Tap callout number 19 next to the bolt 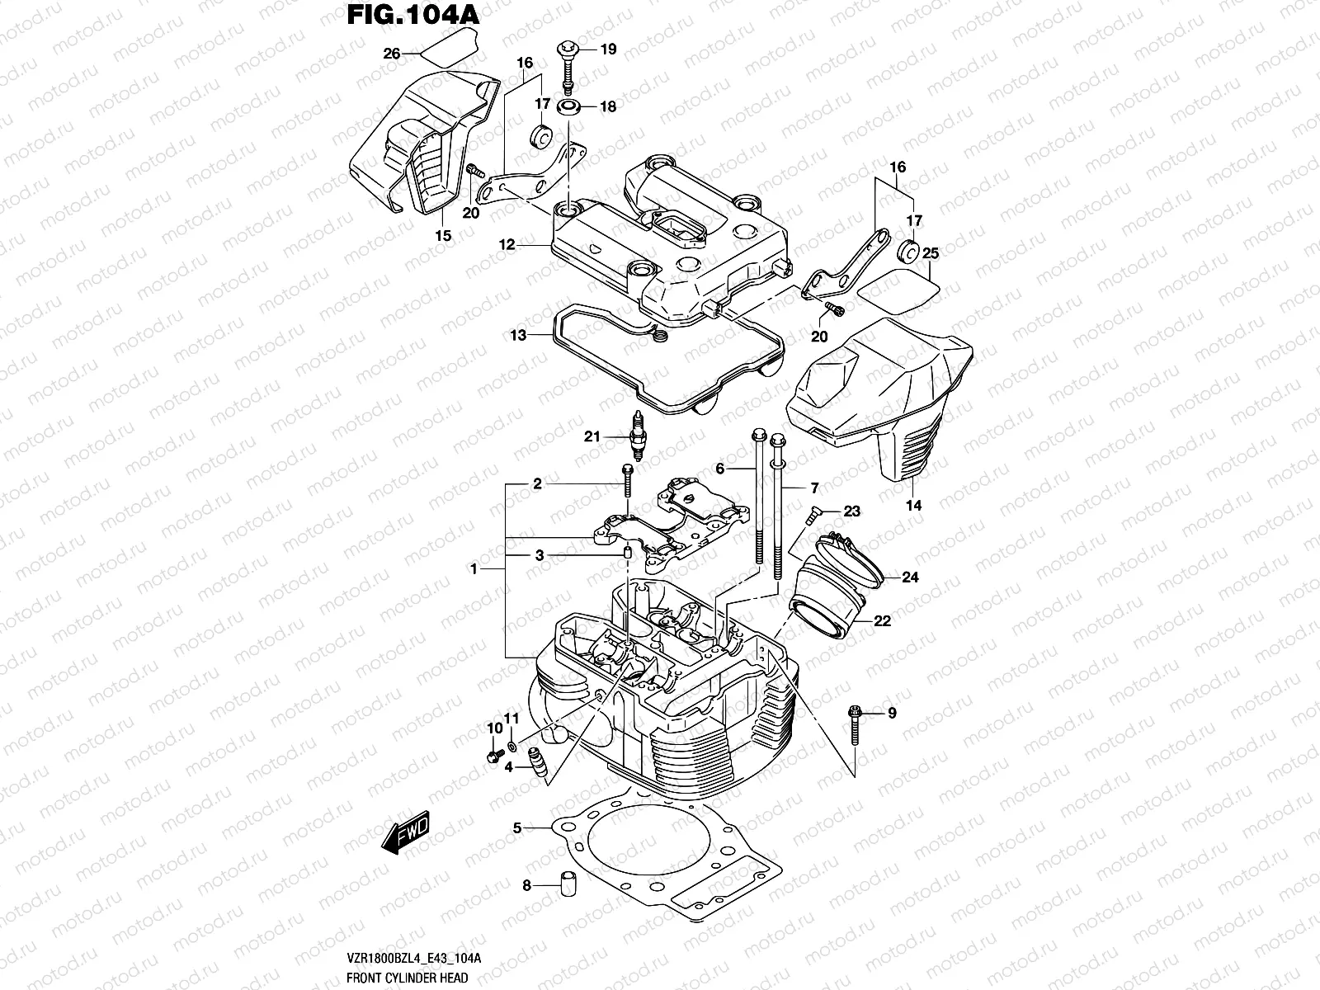pos(608,49)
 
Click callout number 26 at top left pos(392,54)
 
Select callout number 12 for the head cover pos(507,245)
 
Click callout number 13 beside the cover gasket pos(517,336)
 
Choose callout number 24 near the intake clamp pos(909,577)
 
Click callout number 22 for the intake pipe pos(882,621)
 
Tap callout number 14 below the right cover pos(913,505)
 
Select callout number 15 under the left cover pos(443,236)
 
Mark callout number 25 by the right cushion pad pos(931,252)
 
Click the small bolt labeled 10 pos(493,757)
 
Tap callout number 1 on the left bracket pos(474,569)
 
